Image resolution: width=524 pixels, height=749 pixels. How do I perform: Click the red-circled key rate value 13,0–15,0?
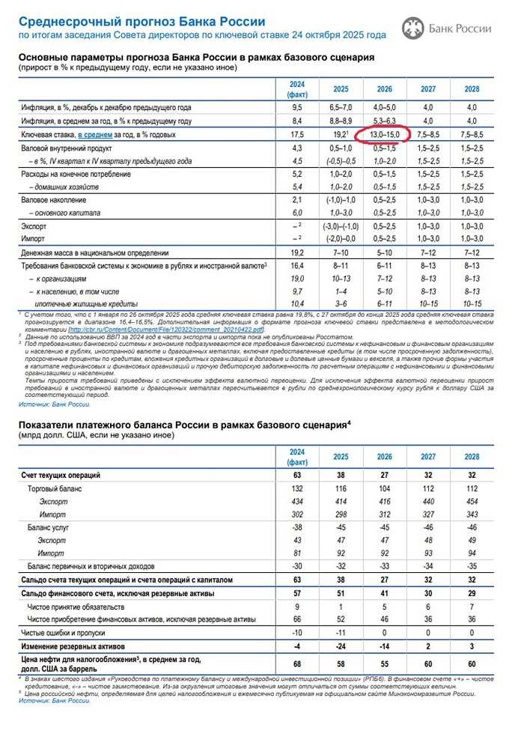coord(385,134)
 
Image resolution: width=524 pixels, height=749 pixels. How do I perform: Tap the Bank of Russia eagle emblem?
coord(412,28)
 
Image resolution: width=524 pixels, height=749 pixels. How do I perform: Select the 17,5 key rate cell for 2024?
coord(297,134)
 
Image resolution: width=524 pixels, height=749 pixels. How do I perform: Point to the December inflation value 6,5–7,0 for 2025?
coord(341,107)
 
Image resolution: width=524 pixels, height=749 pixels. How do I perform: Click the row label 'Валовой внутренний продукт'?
coord(73,148)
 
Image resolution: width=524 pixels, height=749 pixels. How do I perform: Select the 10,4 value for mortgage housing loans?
coord(297,303)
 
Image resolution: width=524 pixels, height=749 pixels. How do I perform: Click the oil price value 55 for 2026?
coord(385,664)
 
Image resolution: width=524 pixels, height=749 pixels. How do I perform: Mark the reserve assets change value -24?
coord(341,645)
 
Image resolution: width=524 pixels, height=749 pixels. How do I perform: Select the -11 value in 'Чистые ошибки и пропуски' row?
coord(341,632)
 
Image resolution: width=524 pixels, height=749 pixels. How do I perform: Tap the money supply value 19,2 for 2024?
coord(297,253)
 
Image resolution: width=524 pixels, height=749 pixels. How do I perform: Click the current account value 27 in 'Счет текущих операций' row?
coord(385,475)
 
